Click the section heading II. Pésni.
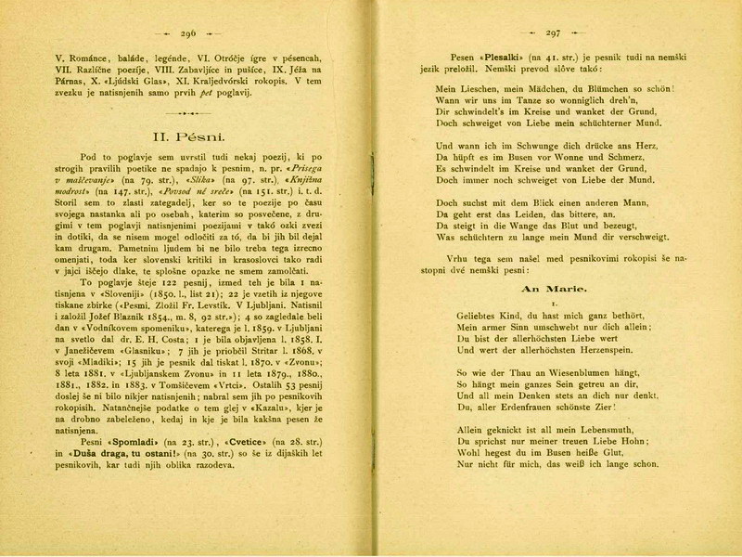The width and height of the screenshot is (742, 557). (x=186, y=138)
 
